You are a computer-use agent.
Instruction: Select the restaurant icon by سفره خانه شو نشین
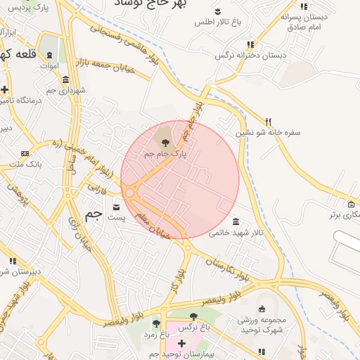(268, 121)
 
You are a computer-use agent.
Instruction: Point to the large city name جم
(93, 215)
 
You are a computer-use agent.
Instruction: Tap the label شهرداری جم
(72, 90)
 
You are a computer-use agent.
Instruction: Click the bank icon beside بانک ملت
(25, 153)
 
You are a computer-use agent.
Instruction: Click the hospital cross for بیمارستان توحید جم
(182, 343)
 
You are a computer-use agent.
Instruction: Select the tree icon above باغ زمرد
(156, 323)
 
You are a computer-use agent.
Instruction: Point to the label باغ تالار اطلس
(217, 22)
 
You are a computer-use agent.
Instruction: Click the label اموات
(49, 65)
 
